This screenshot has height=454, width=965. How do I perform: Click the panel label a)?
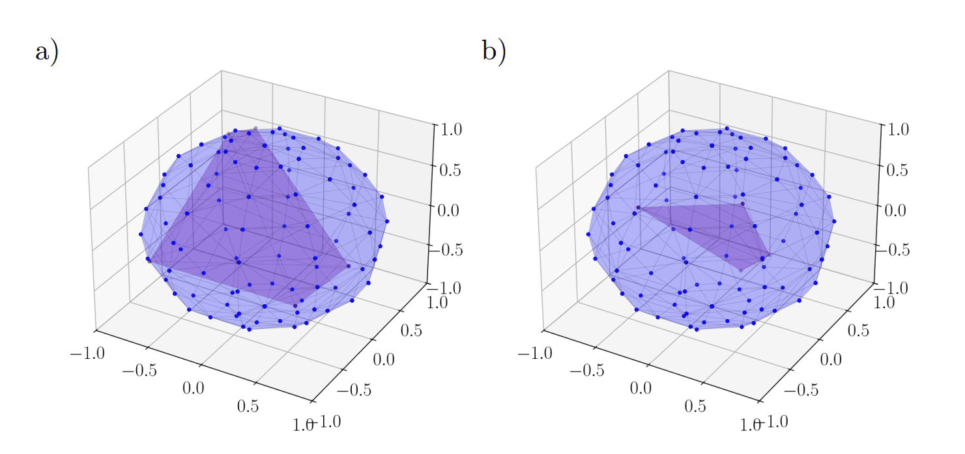point(46,51)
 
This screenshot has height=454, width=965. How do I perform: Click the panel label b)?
point(494,51)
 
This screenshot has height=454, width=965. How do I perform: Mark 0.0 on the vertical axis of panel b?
point(895,209)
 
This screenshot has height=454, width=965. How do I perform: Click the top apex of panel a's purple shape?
point(255,128)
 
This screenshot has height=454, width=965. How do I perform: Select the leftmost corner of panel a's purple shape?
point(149,261)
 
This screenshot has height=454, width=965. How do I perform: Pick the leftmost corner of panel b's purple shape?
point(637,208)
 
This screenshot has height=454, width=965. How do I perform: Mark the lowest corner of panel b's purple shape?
point(741,269)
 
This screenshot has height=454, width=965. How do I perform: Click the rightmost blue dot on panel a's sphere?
point(387,221)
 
